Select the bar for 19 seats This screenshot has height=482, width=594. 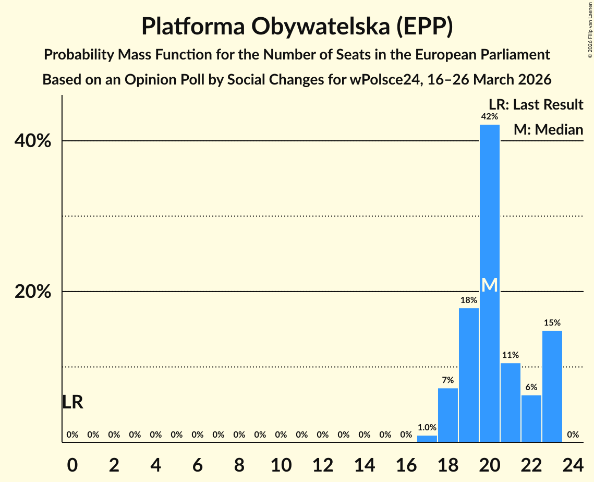468,375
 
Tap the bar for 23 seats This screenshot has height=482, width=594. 552,387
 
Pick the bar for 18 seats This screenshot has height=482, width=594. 447,415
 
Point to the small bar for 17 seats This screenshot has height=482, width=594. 427,439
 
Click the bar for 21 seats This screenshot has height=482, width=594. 510,402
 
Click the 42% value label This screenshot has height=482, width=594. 489,116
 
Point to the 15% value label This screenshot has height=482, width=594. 552,323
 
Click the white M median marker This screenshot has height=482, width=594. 489,285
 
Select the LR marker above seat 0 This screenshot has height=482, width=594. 72,402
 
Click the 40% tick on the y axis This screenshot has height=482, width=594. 33,141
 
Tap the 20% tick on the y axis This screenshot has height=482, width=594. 33,292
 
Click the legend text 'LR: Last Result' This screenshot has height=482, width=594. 536,105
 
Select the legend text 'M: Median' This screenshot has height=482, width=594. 548,129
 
